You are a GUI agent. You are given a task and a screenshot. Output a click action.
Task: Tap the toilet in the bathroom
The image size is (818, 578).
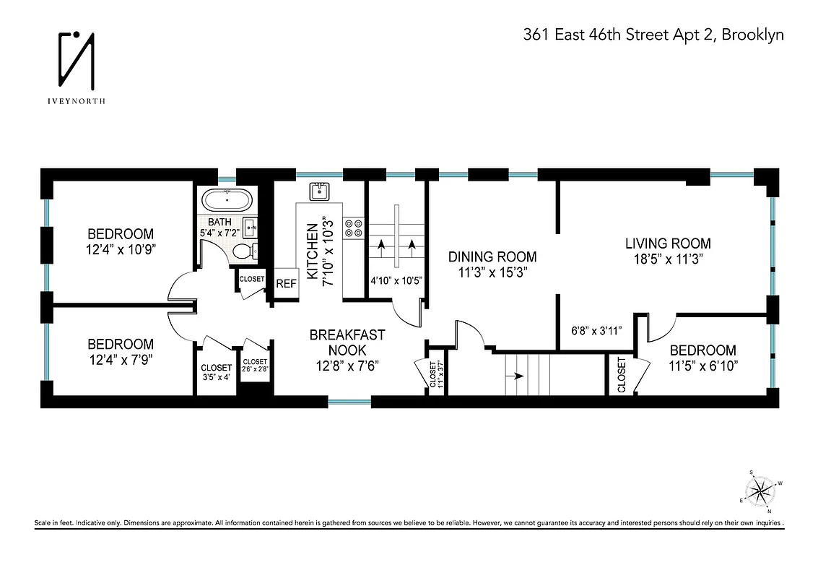click(245, 251)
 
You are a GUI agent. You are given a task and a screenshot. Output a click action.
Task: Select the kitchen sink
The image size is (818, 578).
click(320, 191)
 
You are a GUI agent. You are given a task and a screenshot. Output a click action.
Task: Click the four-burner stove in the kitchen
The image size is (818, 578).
click(353, 228)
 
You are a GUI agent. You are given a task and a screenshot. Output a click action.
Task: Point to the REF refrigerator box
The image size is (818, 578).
click(286, 284)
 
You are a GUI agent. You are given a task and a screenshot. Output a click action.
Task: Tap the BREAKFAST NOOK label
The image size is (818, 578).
click(347, 342)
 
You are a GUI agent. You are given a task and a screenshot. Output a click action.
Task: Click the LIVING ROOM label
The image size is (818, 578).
click(667, 243)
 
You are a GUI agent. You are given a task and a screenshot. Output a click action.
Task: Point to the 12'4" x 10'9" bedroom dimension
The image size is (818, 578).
click(121, 249)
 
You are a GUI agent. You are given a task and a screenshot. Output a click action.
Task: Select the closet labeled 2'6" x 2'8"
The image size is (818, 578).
click(255, 371)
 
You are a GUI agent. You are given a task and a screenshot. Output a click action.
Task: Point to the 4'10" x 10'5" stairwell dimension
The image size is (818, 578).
click(396, 280)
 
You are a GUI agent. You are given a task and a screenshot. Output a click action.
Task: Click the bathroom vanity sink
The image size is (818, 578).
click(251, 227)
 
